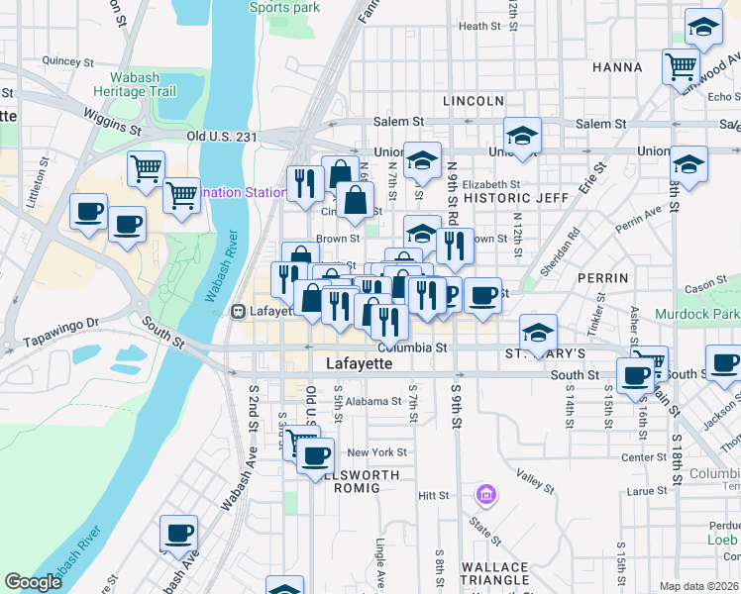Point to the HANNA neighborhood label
[617, 67]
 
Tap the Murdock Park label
[697, 314]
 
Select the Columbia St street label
[413, 347]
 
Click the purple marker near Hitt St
[485, 493]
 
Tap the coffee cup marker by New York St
[316, 455]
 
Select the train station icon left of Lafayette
[238, 311]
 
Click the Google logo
[34, 582]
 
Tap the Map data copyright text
[699, 586]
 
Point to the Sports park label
[283, 7]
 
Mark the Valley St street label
[535, 482]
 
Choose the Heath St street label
[478, 27]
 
